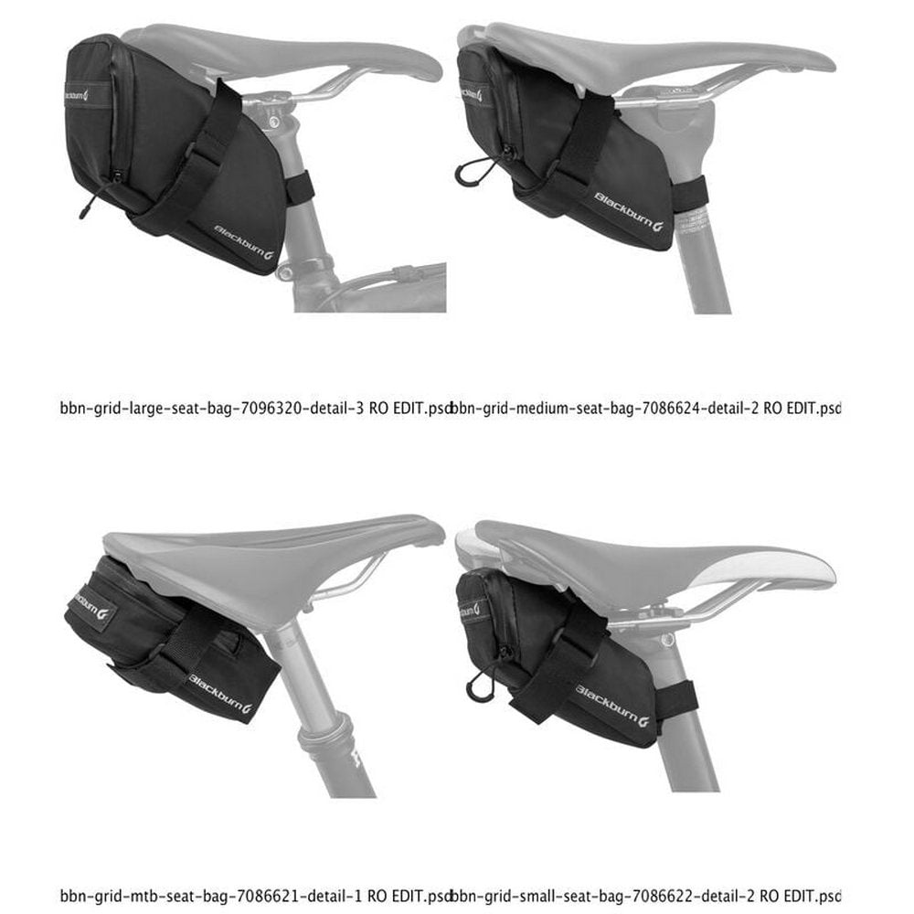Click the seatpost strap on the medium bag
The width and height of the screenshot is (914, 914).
click(691, 197)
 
